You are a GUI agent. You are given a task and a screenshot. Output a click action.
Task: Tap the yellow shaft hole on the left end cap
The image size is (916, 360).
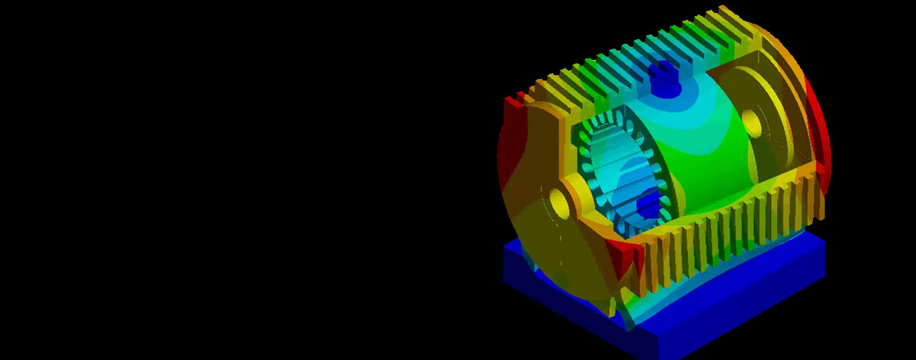[x=560, y=203]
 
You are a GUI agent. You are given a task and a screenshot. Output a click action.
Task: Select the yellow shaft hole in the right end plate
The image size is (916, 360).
[x=751, y=123]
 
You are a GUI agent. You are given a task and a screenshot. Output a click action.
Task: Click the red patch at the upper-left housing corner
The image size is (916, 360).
[x=513, y=101]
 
